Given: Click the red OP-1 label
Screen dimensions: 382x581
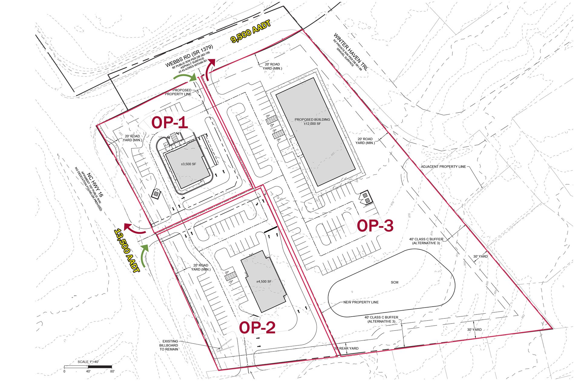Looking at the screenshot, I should coord(169,123).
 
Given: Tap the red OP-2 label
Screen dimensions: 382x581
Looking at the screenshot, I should coord(257,328).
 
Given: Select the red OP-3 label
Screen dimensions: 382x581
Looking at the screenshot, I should coord(375,226).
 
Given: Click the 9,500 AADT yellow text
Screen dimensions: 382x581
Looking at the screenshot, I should coord(250,32).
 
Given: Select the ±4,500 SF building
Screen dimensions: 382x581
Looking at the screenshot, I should coord(264,282).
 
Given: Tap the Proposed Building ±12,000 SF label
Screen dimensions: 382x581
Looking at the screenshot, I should coord(312,121).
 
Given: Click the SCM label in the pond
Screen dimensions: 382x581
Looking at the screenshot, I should coord(395,282).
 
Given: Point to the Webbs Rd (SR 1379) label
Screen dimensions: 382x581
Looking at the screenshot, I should coord(189,56).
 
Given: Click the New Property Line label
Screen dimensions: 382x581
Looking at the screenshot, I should coord(361,302).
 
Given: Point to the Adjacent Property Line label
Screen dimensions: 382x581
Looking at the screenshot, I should coord(443,167).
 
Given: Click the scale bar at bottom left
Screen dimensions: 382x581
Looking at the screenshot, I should coord(88,367).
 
